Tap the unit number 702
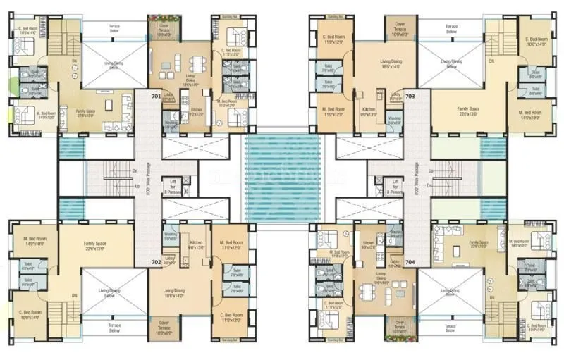155,261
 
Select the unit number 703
410,94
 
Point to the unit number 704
410,261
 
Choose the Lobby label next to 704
395,262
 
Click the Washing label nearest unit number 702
170,236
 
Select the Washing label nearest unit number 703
395,120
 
